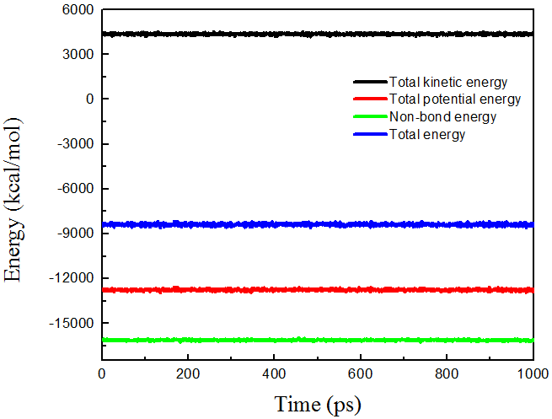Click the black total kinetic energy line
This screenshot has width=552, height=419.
[x=253, y=35]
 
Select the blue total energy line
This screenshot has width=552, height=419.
[x=253, y=224]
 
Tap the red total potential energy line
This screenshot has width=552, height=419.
[x=253, y=290]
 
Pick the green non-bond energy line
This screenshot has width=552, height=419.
[x=253, y=340]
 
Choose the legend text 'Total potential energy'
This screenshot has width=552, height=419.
[x=455, y=99]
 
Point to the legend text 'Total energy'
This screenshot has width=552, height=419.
[x=427, y=134]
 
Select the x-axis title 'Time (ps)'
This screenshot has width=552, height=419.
[x=318, y=404]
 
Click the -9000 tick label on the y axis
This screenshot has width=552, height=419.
[x=72, y=234]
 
